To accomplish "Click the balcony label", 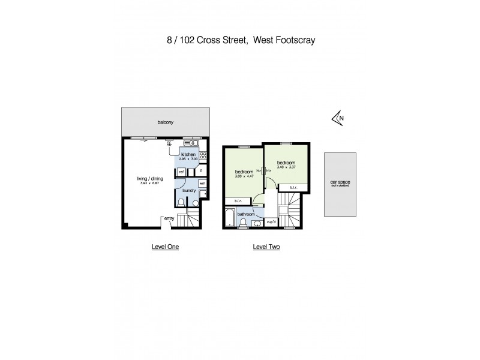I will pos(166,122).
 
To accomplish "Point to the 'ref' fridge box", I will pos(181,170).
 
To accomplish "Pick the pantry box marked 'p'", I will pos(202,170).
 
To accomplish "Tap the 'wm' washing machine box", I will pos(202,183).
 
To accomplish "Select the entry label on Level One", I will pos(169,218).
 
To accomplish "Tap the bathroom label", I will pos(247,214).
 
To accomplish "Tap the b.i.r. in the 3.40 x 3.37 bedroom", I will pos(293,188).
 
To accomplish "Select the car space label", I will pos(340,182).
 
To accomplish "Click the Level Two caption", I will pos(266,247).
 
